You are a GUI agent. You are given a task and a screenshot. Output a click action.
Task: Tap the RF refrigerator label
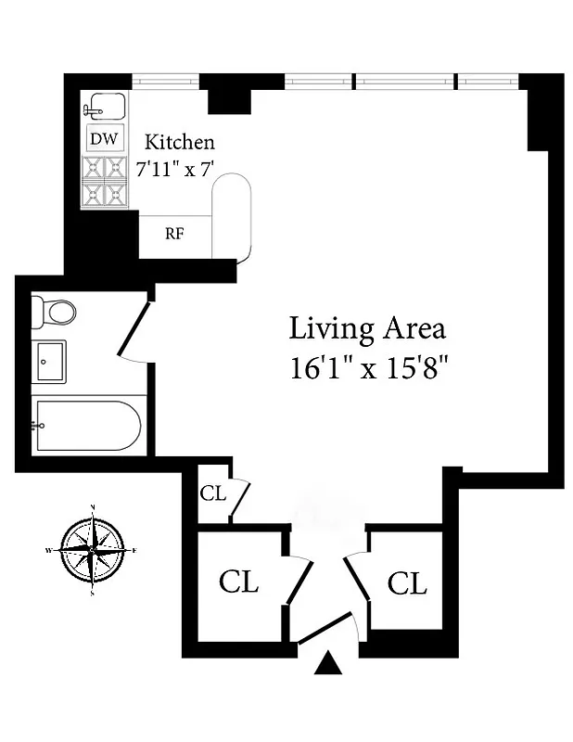[x=174, y=233]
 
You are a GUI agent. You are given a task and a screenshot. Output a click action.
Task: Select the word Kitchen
[x=180, y=143]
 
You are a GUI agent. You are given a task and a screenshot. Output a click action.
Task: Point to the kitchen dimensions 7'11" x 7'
[x=176, y=170]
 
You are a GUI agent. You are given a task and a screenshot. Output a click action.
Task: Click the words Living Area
[x=367, y=328]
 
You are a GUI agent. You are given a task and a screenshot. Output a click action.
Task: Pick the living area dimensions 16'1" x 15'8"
[x=368, y=368]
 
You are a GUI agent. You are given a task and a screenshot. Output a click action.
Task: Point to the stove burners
[x=104, y=181]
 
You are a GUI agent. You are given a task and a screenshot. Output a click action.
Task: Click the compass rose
[x=93, y=549]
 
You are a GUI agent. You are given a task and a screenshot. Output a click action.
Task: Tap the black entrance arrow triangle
[x=327, y=664]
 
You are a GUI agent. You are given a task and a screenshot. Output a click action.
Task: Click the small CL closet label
[x=212, y=493]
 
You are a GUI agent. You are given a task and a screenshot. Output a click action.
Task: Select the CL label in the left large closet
[x=238, y=582]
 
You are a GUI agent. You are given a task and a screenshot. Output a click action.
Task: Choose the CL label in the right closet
[x=407, y=583]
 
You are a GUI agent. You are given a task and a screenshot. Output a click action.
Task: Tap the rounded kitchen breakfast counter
[x=232, y=219]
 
